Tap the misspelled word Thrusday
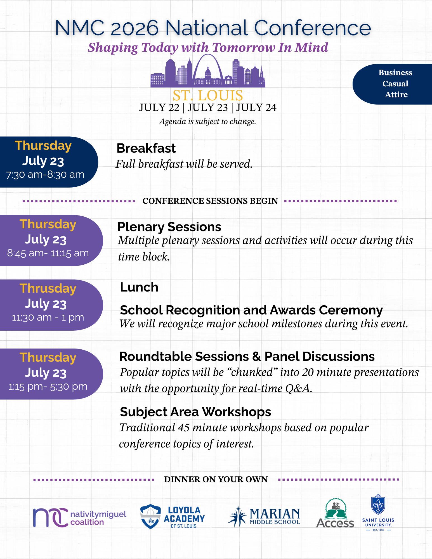click(48, 288)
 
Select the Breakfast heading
click(146, 148)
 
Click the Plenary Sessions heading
click(169, 227)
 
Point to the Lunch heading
click(139, 287)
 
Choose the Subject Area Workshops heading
click(195, 412)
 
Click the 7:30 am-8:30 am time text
click(45, 175)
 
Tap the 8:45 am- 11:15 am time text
click(48, 253)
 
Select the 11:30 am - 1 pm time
click(48, 318)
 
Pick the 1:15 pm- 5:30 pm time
click(48, 387)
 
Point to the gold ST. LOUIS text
click(208, 95)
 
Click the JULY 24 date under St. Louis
click(256, 108)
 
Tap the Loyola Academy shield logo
click(150, 516)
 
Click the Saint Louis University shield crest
click(378, 504)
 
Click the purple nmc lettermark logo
click(50, 517)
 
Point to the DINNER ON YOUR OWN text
click(216, 479)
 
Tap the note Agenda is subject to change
click(207, 122)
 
